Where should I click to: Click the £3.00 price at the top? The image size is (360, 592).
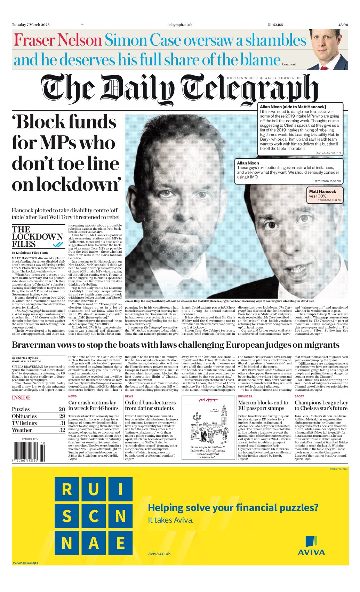[343, 25]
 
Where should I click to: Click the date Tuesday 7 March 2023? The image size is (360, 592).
[31, 25]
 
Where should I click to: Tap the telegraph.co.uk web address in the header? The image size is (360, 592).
[179, 25]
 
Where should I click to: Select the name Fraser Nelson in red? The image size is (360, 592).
[57, 40]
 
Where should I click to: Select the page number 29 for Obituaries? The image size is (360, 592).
[62, 416]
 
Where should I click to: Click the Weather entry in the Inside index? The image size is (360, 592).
[22, 430]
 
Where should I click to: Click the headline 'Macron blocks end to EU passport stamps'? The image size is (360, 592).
[263, 405]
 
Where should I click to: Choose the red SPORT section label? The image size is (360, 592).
[299, 396]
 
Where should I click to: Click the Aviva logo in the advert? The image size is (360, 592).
[311, 546]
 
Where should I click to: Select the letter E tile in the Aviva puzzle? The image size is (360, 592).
[120, 543]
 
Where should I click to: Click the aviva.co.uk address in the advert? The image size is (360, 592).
[159, 553]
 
